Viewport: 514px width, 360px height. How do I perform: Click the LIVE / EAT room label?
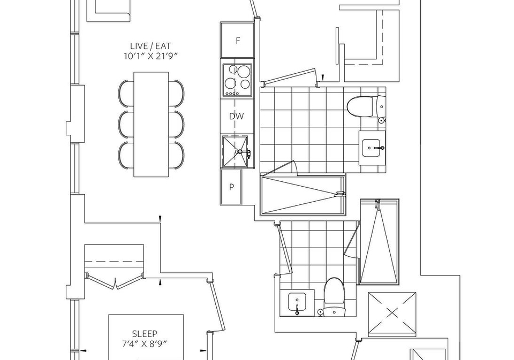150,46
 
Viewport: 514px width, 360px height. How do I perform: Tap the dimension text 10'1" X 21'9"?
150,56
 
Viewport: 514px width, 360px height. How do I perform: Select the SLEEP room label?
145,334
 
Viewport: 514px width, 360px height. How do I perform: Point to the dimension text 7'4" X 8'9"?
145,344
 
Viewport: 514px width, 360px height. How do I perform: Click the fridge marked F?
238,40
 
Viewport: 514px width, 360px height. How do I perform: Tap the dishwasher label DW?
236,116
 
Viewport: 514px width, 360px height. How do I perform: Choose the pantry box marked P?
231,187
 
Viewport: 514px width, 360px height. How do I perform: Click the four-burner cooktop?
237,80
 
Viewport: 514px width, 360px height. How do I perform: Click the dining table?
151,125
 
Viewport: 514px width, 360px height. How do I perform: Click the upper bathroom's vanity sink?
373,148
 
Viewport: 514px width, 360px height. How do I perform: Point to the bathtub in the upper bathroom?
303,196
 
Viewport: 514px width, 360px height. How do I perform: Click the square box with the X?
392,314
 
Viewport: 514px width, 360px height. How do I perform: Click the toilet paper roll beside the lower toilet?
320,312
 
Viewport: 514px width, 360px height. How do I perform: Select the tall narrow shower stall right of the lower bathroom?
380,241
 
